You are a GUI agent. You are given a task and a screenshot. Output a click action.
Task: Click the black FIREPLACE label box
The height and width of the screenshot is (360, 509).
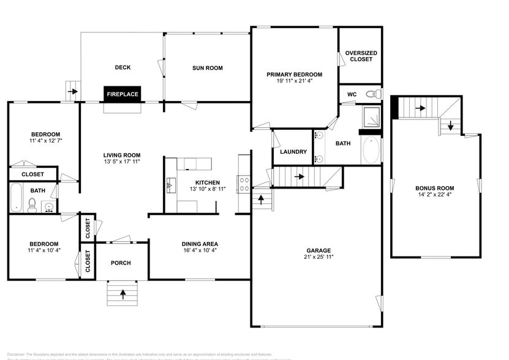pyautogui.click(x=123, y=94)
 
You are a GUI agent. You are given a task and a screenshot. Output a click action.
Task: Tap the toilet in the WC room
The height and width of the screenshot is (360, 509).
pyautogui.click(x=371, y=94)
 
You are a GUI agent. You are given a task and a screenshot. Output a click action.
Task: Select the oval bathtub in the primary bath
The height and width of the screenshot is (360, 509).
pyautogui.click(x=371, y=151)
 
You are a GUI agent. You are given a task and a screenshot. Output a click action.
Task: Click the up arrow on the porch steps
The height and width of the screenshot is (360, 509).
pyautogui.click(x=123, y=294)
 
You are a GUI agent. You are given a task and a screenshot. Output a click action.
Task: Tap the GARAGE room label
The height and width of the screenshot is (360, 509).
pyautogui.click(x=319, y=250)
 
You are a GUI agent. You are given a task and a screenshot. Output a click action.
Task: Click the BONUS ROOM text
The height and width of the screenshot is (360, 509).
pyautogui.click(x=435, y=188)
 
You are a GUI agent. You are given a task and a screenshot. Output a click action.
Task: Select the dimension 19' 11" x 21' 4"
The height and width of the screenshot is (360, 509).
pyautogui.click(x=294, y=81)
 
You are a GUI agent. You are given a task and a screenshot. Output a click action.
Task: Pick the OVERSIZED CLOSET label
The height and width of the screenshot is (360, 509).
pyautogui.click(x=361, y=56)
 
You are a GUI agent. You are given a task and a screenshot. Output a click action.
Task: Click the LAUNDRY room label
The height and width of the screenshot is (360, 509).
pyautogui.click(x=293, y=152)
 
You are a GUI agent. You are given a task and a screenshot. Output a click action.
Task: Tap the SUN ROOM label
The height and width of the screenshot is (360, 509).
pyautogui.click(x=208, y=68)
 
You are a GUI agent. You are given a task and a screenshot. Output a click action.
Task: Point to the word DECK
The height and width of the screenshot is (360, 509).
pyautogui.click(x=123, y=67)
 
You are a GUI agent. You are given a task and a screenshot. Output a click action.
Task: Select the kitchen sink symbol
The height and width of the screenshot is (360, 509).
pyautogui.click(x=170, y=183)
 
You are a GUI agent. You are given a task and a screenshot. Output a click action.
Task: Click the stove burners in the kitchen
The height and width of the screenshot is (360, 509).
pyautogui.click(x=244, y=180)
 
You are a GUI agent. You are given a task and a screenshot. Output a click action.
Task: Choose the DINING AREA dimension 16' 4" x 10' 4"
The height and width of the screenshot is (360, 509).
pyautogui.click(x=199, y=250)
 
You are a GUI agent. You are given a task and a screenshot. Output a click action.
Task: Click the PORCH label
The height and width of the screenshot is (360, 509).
pyautogui.click(x=121, y=263)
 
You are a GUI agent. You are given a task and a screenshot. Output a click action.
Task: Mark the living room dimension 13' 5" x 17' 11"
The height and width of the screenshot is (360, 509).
pyautogui.click(x=122, y=162)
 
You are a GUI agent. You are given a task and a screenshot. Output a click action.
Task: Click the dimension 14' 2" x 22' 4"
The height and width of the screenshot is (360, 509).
pyautogui.click(x=435, y=195)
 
